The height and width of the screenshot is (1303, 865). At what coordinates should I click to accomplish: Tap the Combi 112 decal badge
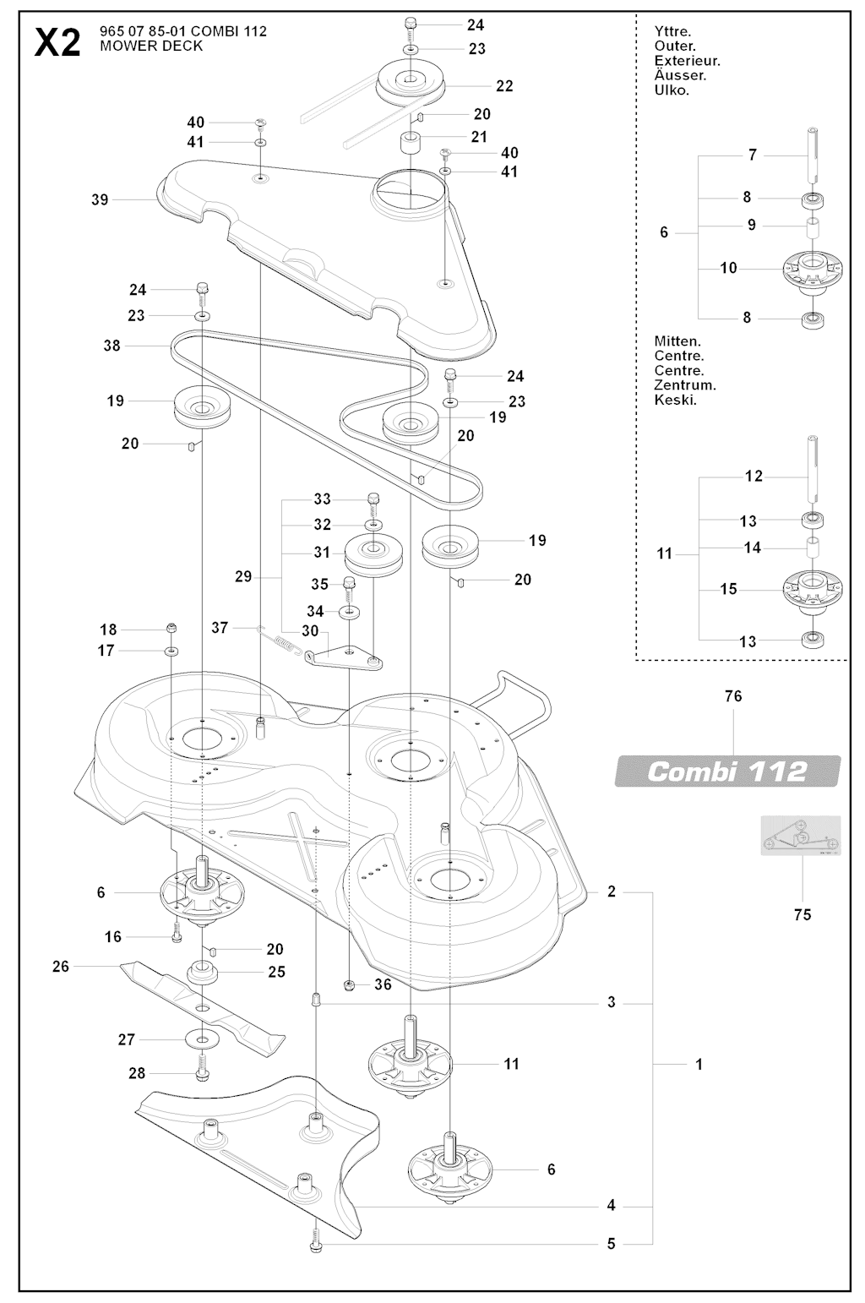(x=727, y=771)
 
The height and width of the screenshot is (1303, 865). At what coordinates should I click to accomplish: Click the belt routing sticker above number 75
(x=801, y=836)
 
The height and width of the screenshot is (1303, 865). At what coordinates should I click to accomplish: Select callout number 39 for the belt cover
(x=100, y=200)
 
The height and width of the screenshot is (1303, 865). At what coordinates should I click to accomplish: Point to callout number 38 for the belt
(x=112, y=346)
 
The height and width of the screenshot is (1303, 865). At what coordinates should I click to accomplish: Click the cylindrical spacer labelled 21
(x=411, y=140)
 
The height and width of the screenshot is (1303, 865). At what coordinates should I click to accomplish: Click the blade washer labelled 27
(x=203, y=1039)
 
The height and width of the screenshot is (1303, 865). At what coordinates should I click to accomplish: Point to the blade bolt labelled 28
(x=203, y=1070)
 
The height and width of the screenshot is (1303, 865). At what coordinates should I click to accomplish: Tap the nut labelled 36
(x=349, y=984)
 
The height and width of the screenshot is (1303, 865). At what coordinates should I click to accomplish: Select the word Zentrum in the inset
(x=685, y=384)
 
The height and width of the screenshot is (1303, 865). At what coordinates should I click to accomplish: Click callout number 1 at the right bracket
(x=699, y=1065)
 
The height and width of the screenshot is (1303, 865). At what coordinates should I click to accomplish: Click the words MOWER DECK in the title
(x=151, y=46)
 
